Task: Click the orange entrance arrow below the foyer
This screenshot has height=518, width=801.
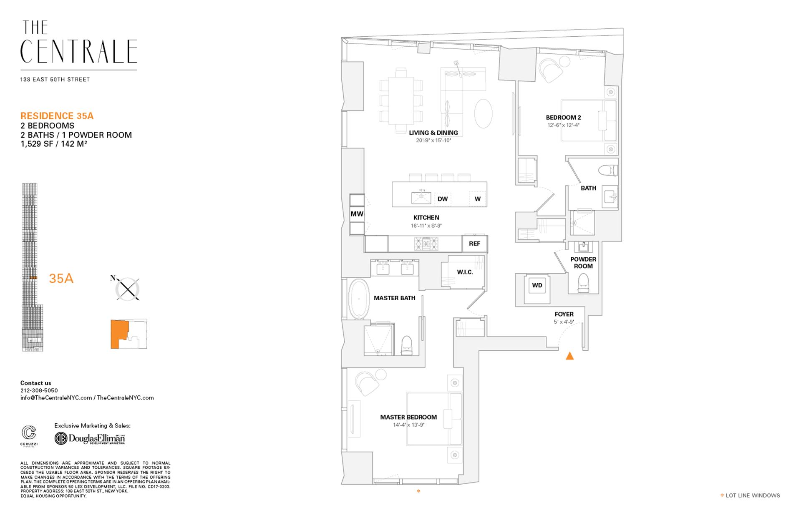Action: pos(569,356)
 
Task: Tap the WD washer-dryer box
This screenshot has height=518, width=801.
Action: pos(537,286)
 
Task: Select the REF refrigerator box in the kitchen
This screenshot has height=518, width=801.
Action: pos(474,244)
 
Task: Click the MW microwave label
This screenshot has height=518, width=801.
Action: pos(357,214)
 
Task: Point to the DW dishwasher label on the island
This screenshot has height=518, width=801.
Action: pos(443,199)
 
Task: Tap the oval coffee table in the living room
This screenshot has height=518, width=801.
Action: pos(484,113)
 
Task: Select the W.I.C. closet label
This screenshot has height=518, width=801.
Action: pos(465,272)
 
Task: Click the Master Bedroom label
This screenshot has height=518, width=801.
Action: pos(408,417)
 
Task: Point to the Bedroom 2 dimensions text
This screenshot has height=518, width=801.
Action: pos(564,125)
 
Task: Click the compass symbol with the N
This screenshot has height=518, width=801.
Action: pos(127,289)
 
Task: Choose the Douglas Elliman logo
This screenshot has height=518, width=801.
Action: pos(90,439)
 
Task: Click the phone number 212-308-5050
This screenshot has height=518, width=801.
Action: pos(39,390)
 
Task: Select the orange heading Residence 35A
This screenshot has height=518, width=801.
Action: pos(57,116)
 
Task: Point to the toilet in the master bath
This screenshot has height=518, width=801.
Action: pos(406,345)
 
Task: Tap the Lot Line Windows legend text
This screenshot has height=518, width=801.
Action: pos(753,495)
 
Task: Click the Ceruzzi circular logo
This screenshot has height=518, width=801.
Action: pos(29,433)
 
